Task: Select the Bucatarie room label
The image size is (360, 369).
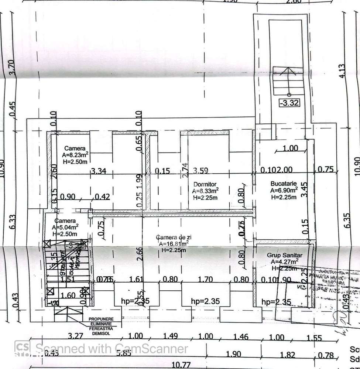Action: tap(284, 183)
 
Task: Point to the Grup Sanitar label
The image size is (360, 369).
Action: tap(285, 255)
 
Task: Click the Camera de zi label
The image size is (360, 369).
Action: tap(174, 237)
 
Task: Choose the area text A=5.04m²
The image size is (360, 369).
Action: tap(65, 228)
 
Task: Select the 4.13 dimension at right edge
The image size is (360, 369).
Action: tap(342, 71)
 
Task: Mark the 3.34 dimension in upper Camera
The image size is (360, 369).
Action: tap(99, 171)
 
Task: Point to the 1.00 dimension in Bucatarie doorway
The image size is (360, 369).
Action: tap(290, 148)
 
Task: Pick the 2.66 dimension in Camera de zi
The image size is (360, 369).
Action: tap(139, 254)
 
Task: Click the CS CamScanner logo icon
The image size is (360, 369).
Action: tap(23, 347)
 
